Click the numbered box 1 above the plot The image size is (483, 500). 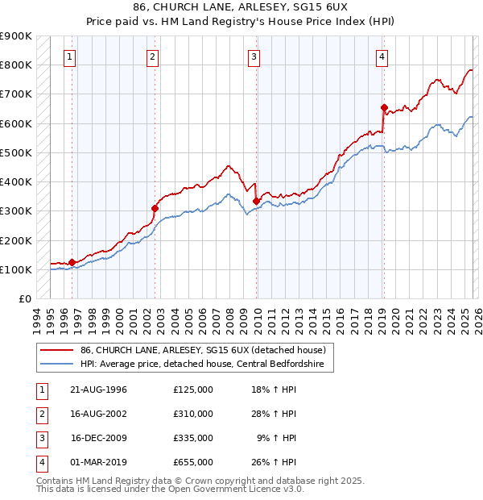pos(71,57)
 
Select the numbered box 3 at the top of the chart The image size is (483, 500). pos(254,57)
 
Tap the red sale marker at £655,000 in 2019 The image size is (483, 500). pos(384,107)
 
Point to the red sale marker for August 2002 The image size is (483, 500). pos(155,208)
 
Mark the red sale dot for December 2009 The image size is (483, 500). pos(256,201)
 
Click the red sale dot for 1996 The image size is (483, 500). pos(72,262)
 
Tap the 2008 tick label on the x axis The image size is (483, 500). pos(230,320)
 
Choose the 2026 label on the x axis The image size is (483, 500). pos(477,320)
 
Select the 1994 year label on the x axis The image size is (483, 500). pos(37,320)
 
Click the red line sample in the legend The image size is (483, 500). pos(57,350)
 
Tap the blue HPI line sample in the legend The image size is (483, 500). pos(57,364)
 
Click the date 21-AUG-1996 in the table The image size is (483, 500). pos(98,390)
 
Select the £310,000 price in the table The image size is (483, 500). pos(193,414)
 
